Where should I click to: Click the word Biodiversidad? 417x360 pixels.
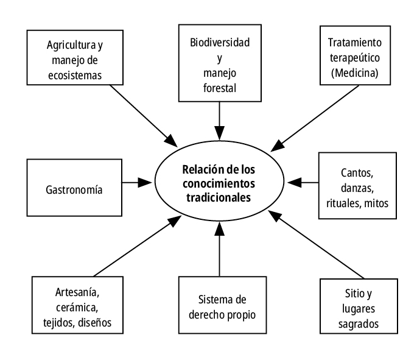click(x=219, y=44)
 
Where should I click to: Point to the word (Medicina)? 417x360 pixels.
click(x=357, y=74)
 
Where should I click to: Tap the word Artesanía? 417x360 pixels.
click(x=73, y=289)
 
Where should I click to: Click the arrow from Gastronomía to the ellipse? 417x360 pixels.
click(x=138, y=182)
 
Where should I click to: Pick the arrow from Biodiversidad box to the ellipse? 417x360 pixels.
click(x=219, y=118)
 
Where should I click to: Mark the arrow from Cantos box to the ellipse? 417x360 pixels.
click(x=303, y=182)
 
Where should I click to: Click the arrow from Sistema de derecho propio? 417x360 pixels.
click(x=219, y=250)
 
